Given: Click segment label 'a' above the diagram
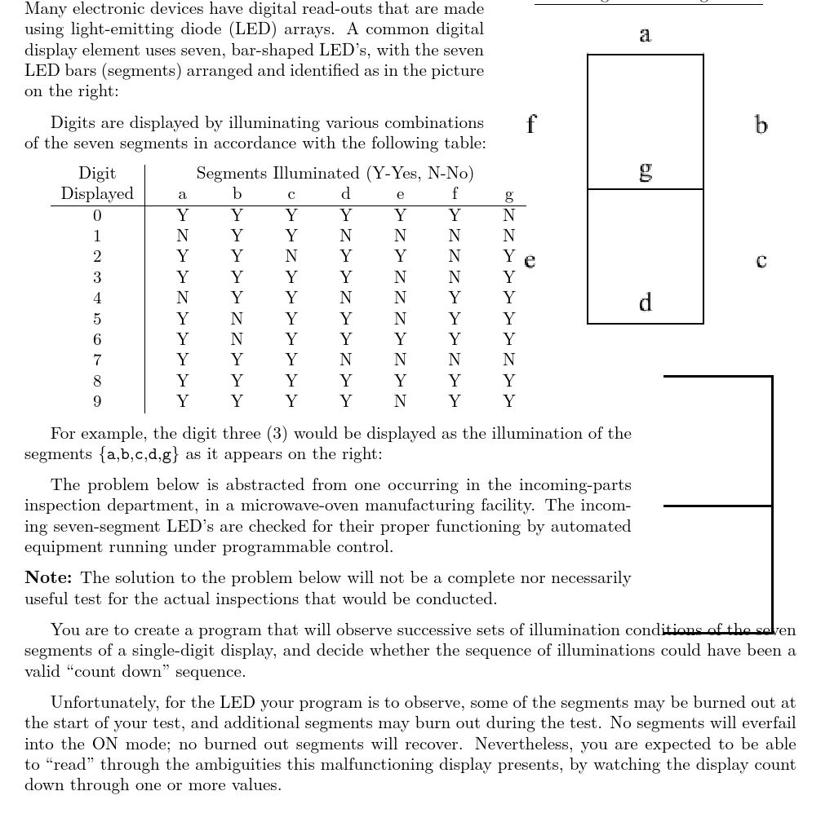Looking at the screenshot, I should (645, 35).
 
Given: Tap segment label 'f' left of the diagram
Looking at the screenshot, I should (531, 124).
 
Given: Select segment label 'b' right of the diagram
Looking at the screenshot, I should (761, 125).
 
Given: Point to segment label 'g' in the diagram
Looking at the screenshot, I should (646, 170).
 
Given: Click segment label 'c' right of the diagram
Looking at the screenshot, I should (761, 260).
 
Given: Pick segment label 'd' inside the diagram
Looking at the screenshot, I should (645, 303).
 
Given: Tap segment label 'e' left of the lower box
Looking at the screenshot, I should (530, 260).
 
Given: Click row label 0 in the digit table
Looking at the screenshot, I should (97, 216).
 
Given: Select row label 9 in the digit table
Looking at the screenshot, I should (97, 401).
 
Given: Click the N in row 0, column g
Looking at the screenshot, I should (509, 216).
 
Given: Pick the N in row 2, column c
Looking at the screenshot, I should (291, 257).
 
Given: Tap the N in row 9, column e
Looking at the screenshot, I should (400, 401).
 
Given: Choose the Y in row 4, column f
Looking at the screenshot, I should (455, 298).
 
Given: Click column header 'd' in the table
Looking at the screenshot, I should (345, 195).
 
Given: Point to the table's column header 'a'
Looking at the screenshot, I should (182, 195).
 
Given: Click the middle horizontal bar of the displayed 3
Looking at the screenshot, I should (718, 506).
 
